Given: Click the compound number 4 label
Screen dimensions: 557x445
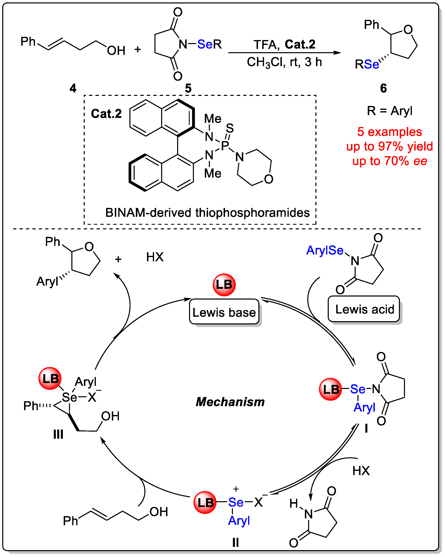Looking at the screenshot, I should tap(73, 88).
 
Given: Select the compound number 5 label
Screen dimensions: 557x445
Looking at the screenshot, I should tap(188, 88).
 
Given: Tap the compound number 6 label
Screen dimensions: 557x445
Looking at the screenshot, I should tap(384, 88).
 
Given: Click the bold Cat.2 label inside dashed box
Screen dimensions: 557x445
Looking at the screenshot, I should tap(106, 114).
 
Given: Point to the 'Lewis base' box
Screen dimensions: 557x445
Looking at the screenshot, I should tap(224, 312).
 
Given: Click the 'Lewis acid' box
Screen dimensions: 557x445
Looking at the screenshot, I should tap(364, 309).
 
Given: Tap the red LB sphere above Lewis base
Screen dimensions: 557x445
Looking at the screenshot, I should tap(224, 285).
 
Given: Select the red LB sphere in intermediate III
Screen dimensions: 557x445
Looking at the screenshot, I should tap(50, 378).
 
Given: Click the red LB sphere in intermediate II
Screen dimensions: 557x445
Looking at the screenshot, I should tap(205, 502).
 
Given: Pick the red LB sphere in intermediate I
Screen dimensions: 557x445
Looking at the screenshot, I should tap(330, 389).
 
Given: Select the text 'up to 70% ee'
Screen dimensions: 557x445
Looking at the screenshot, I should tap(389, 161).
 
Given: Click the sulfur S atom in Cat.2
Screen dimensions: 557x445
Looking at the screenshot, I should tap(230, 128).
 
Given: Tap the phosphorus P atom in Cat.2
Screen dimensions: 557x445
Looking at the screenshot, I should tap(225, 145).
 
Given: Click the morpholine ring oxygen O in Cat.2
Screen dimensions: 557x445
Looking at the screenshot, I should tap(269, 179).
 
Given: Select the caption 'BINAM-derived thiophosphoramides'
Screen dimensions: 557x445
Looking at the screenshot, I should tap(207, 213).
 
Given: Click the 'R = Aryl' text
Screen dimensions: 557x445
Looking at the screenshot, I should tap(389, 111).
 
